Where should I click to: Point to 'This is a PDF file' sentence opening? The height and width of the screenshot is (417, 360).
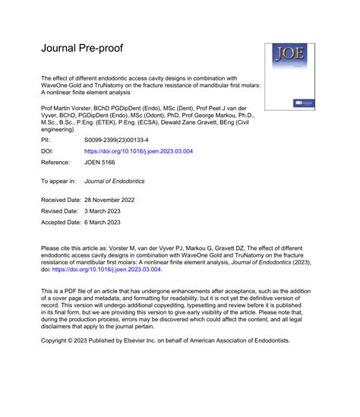[x=73, y=290]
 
